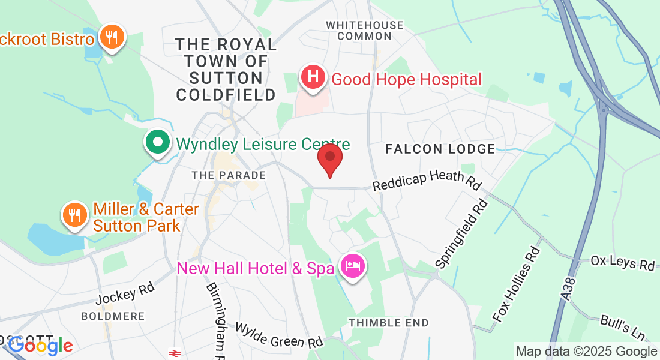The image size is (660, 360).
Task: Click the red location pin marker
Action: point(329,157)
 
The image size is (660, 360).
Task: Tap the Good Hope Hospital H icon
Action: point(313,77)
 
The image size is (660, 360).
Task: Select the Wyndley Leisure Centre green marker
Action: point(158,143)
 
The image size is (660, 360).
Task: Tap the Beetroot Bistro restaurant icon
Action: point(111,38)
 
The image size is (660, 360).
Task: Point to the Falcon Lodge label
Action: point(440,149)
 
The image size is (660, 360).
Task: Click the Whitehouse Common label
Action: point(364,31)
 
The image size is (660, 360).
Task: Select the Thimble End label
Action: point(389,323)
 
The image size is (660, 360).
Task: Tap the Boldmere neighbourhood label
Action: point(113,316)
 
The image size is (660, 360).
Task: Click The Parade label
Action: point(229,175)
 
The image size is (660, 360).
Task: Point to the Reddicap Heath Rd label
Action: point(427,179)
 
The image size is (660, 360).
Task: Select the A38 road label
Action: point(569,289)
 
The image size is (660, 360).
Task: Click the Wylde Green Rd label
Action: point(279,335)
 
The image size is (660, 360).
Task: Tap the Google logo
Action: point(40,346)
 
